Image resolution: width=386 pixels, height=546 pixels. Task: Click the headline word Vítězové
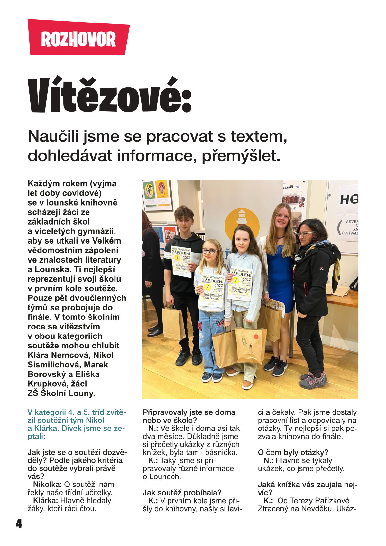[109, 95]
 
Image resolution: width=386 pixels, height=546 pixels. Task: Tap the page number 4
[19, 523]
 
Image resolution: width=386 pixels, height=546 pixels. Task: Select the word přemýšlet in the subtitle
[241, 156]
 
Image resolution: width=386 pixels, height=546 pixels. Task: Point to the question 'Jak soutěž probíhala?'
[182, 493]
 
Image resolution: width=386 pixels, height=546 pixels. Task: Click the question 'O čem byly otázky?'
[293, 452]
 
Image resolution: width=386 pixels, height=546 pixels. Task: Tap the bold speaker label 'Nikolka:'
[47, 485]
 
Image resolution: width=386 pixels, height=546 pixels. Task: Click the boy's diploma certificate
[181, 261]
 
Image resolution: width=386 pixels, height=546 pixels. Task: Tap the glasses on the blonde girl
[210, 251]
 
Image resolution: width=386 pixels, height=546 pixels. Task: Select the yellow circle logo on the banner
[242, 222]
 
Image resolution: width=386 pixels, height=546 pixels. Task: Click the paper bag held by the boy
[174, 322]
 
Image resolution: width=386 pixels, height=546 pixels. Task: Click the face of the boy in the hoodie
[184, 221]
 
